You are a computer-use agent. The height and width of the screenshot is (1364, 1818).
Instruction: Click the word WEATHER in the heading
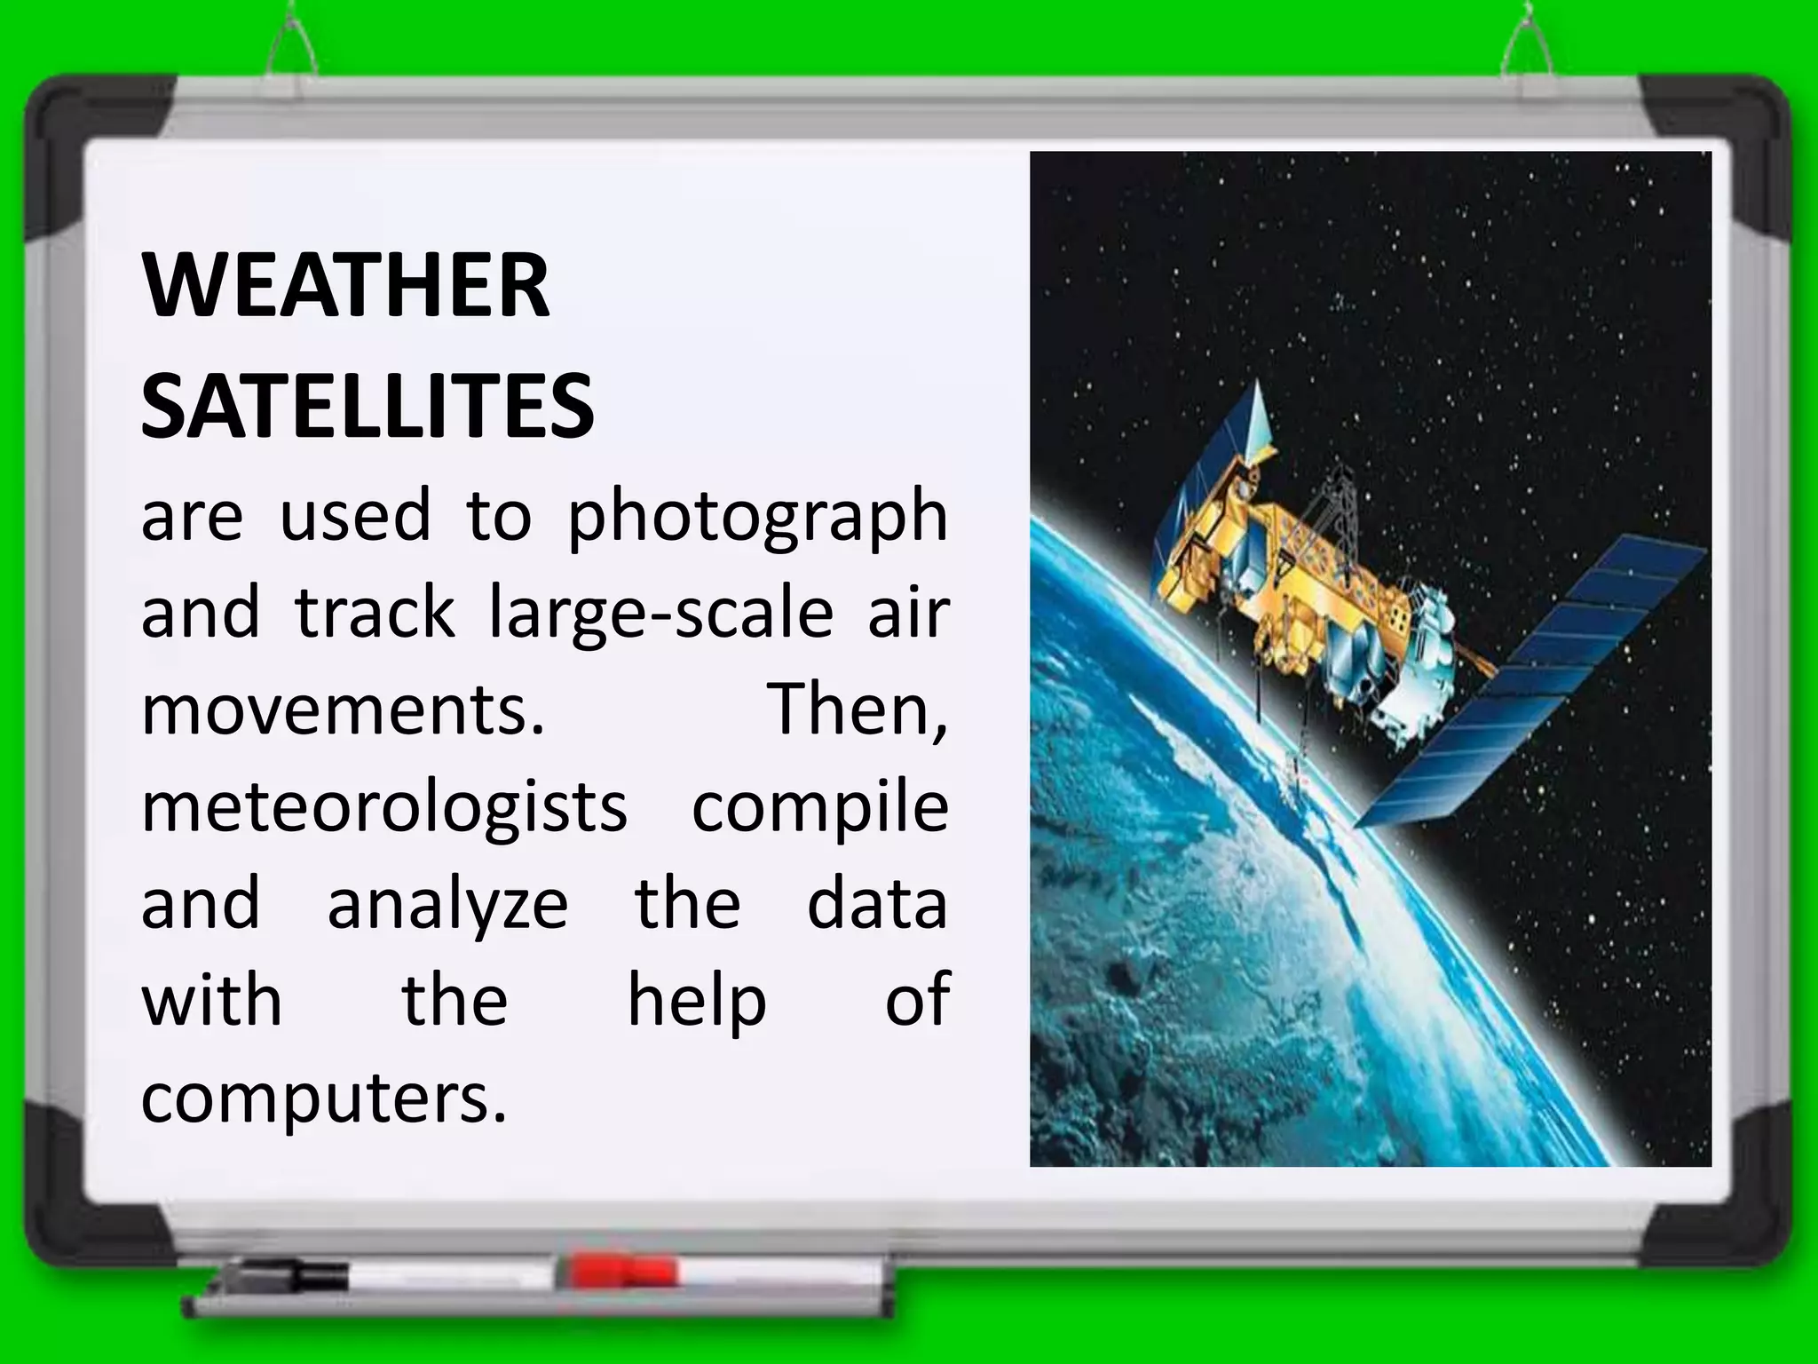coord(346,286)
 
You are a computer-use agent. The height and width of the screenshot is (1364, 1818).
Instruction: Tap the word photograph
coord(757,519)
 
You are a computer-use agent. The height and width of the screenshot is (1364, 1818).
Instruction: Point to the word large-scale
coord(661,616)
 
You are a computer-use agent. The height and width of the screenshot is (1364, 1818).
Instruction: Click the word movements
coord(343,710)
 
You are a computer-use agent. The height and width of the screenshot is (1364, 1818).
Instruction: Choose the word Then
coord(858,710)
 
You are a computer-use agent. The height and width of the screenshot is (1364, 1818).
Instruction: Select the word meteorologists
coord(384,810)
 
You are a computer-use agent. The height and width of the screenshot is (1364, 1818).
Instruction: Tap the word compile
coord(819,810)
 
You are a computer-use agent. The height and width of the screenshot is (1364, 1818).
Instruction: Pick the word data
coord(877,906)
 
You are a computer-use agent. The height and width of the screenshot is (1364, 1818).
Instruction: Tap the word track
coord(375,615)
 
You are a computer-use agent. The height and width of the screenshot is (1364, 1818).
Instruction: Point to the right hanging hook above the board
coord(1527,44)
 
